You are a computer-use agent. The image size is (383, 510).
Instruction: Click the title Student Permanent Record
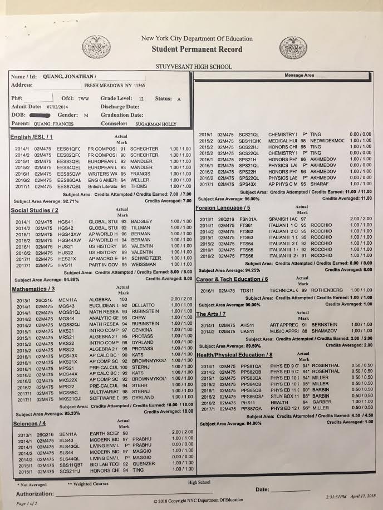pos(198,49)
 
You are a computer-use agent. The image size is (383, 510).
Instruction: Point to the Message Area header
pos(299,75)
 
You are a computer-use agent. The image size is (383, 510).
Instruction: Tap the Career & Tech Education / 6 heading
pos(232,279)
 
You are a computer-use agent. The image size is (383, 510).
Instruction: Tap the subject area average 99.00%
pos(247,305)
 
